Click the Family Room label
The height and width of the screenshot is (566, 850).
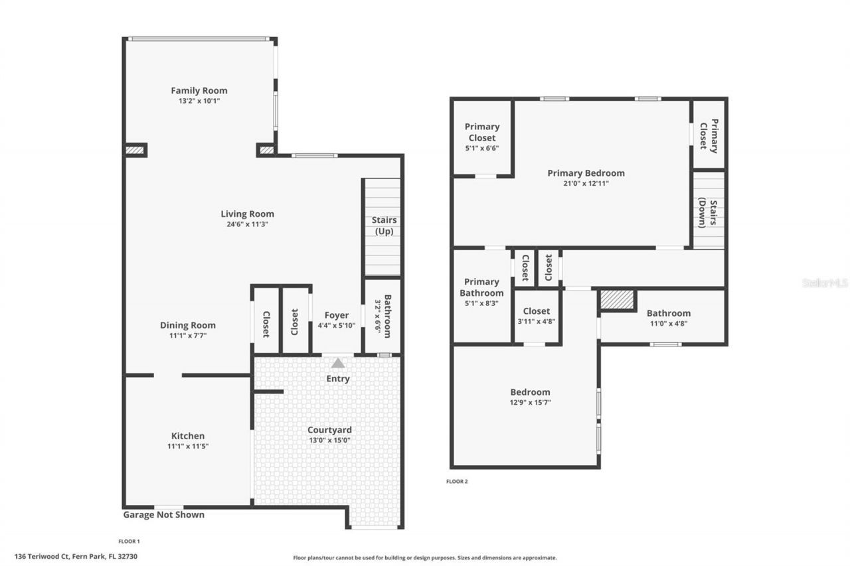[x=199, y=91]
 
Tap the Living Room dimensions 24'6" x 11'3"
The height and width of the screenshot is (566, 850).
[x=247, y=224]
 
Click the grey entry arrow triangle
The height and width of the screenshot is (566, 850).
[x=338, y=363]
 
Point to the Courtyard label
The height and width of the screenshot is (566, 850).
[x=329, y=430]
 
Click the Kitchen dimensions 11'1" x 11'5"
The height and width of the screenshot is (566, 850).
[x=188, y=446]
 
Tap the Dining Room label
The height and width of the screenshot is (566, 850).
[x=188, y=325]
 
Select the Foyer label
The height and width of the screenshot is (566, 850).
[x=337, y=315]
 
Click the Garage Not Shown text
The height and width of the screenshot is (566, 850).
[x=164, y=515]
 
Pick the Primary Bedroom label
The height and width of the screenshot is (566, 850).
[x=586, y=173]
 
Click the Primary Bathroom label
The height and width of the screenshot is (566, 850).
[x=481, y=287]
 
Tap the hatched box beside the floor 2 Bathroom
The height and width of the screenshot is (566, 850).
[x=618, y=300]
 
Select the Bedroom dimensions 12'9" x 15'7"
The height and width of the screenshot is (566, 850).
[x=530, y=402]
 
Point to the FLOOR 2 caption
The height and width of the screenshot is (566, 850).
[x=457, y=482]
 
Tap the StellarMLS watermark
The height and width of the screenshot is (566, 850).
[x=825, y=283]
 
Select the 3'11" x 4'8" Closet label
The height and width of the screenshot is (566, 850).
[x=537, y=311]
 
